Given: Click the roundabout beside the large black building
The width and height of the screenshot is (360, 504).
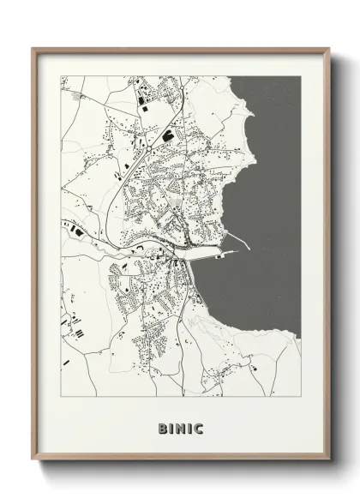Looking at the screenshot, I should point(150,147).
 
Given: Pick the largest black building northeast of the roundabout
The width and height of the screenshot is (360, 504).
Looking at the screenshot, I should point(168,135).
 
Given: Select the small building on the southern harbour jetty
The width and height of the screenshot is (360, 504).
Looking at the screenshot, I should point(220,255).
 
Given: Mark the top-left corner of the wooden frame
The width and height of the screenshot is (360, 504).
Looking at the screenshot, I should point(33,47).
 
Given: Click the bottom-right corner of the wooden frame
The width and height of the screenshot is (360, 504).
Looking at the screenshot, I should point(328,460).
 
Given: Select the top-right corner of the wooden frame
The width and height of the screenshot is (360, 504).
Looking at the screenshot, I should point(328,47).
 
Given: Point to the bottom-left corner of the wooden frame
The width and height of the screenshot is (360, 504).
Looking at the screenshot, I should point(33,460).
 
